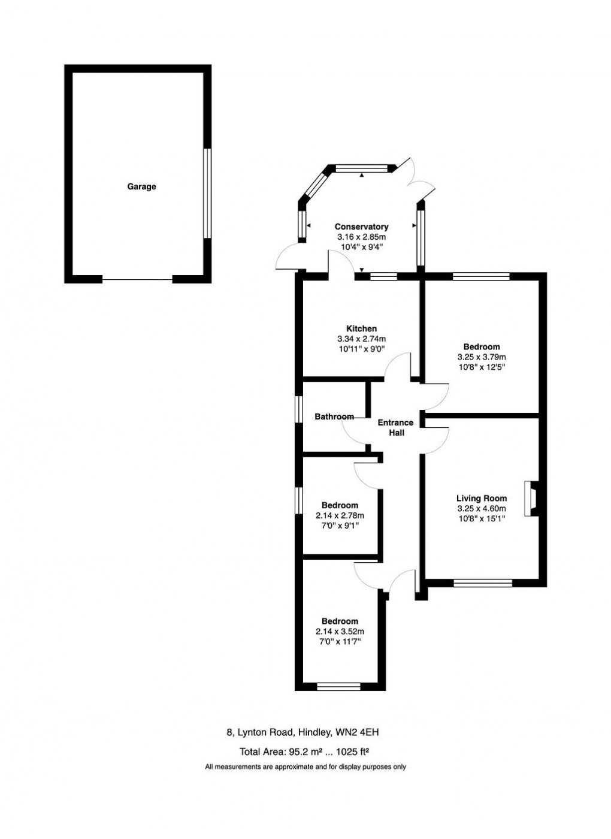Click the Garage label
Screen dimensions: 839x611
[x=141, y=186]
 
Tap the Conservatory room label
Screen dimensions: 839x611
[x=361, y=227]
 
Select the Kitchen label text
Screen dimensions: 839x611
[x=361, y=328]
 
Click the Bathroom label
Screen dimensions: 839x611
[x=334, y=417]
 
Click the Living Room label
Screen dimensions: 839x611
[x=481, y=498]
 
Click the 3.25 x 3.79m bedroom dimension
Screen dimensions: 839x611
[x=481, y=357]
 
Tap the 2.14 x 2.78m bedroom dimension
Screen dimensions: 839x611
[x=340, y=515]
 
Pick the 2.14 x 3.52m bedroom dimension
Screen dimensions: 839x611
[x=340, y=632]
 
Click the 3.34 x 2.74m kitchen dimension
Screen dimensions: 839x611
[x=361, y=339]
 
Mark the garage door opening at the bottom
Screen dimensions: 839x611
[x=137, y=279]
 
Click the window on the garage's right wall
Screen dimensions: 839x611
[x=207, y=193]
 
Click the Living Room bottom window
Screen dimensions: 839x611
[x=483, y=583]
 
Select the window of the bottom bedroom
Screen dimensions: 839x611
[x=338, y=687]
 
